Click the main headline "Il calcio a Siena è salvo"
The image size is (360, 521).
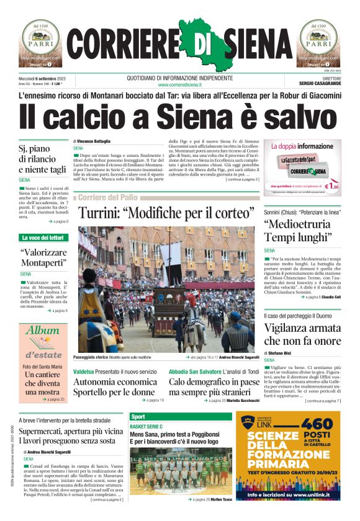point(180,117)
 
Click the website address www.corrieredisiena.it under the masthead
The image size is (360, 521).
point(179,84)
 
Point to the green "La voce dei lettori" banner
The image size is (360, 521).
point(42,238)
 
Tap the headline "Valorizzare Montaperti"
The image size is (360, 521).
point(43,259)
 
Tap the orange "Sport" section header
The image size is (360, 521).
point(138,417)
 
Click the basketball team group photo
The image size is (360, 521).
point(181,471)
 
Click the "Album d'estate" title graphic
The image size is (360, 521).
point(42,341)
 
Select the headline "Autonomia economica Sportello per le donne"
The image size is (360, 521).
point(116,387)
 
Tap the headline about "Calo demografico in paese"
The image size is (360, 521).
point(214,387)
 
